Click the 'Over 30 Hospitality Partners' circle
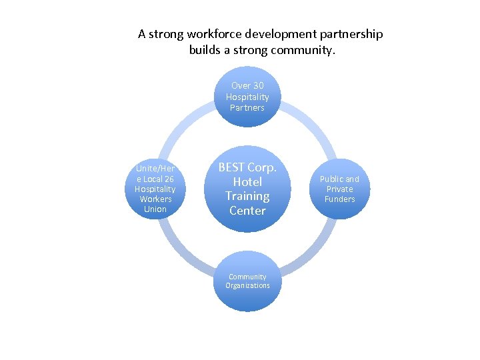click(247, 97)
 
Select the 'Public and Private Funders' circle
click(339, 189)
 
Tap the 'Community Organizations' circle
click(247, 281)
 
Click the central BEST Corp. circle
click(247, 189)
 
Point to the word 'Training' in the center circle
click(247, 196)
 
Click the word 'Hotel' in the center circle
click(247, 181)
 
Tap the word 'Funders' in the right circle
click(339, 199)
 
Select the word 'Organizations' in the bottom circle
click(247, 286)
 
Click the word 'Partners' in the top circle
click(247, 108)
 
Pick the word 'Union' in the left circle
click(155, 209)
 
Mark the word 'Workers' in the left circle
click(155, 199)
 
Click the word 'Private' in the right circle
click(339, 189)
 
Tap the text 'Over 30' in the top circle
click(247, 85)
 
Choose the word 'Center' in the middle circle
click(247, 211)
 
